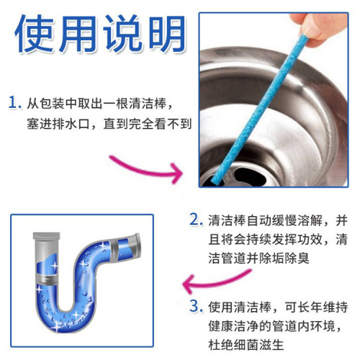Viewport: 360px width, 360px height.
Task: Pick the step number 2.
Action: click(194, 219)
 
